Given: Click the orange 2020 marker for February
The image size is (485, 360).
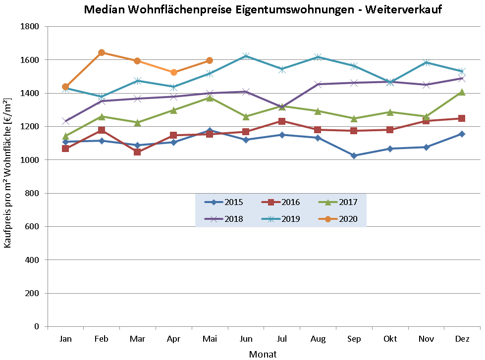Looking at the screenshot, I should click(x=102, y=52).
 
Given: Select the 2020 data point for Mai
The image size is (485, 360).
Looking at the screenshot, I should click(x=210, y=60).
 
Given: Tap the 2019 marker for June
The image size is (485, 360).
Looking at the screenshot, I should click(x=246, y=56).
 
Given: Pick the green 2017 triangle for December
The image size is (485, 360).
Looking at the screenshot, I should click(x=462, y=92).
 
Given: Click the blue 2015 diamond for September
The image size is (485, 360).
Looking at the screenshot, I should click(x=354, y=155).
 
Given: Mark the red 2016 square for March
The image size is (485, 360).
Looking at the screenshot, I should click(x=137, y=152).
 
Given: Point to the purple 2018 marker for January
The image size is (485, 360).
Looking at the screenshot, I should click(x=65, y=121).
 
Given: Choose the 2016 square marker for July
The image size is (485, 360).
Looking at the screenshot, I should click(x=282, y=121).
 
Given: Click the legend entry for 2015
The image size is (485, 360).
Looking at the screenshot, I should click(x=223, y=202).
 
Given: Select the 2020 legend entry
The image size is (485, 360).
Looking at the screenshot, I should click(x=338, y=219).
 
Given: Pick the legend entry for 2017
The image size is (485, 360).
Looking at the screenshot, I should click(x=338, y=202).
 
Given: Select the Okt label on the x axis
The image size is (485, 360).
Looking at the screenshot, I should click(x=390, y=339).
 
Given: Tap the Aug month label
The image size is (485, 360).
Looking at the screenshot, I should click(x=318, y=339).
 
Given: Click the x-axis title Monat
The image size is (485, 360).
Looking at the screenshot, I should click(x=263, y=354).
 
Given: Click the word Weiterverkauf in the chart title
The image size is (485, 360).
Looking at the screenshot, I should click(x=402, y=10).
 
